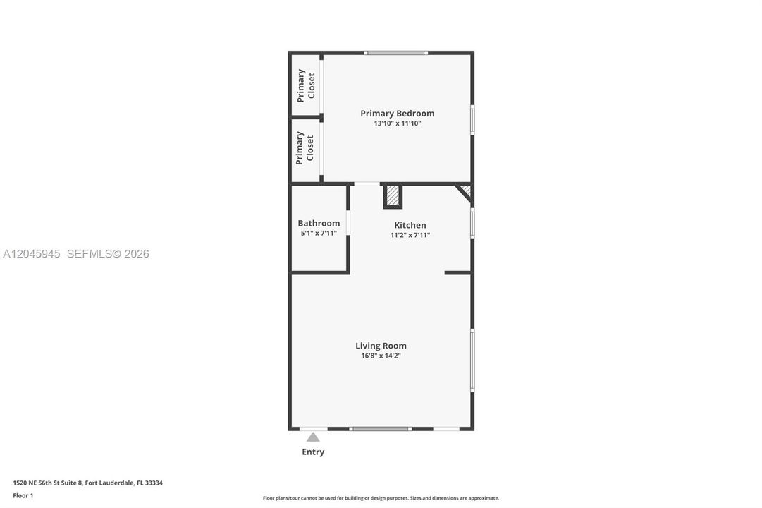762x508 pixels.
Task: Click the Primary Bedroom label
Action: [397, 114]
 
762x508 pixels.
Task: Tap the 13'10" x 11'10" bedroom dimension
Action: [397, 123]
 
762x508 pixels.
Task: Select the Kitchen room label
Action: [410, 225]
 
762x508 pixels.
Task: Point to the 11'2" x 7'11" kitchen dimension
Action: [410, 235]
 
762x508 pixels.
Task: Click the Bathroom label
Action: [319, 223]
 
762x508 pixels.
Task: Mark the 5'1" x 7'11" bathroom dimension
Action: [319, 233]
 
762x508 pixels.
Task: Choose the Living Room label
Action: [381, 346]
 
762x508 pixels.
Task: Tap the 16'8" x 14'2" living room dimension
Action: [381, 356]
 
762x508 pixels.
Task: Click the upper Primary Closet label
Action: [306, 85]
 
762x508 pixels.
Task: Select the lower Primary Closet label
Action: [305, 148]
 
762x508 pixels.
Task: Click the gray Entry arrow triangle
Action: [313, 437]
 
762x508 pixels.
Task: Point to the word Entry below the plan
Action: [313, 452]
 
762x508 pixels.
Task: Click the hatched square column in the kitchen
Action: [393, 196]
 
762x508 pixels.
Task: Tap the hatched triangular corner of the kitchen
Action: [466, 190]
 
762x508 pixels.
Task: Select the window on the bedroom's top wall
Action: [396, 52]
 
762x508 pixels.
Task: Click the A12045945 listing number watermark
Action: [32, 254]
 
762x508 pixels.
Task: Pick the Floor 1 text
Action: [23, 496]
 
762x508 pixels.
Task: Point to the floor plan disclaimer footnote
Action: [381, 498]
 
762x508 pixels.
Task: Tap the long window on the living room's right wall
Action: [472, 360]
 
